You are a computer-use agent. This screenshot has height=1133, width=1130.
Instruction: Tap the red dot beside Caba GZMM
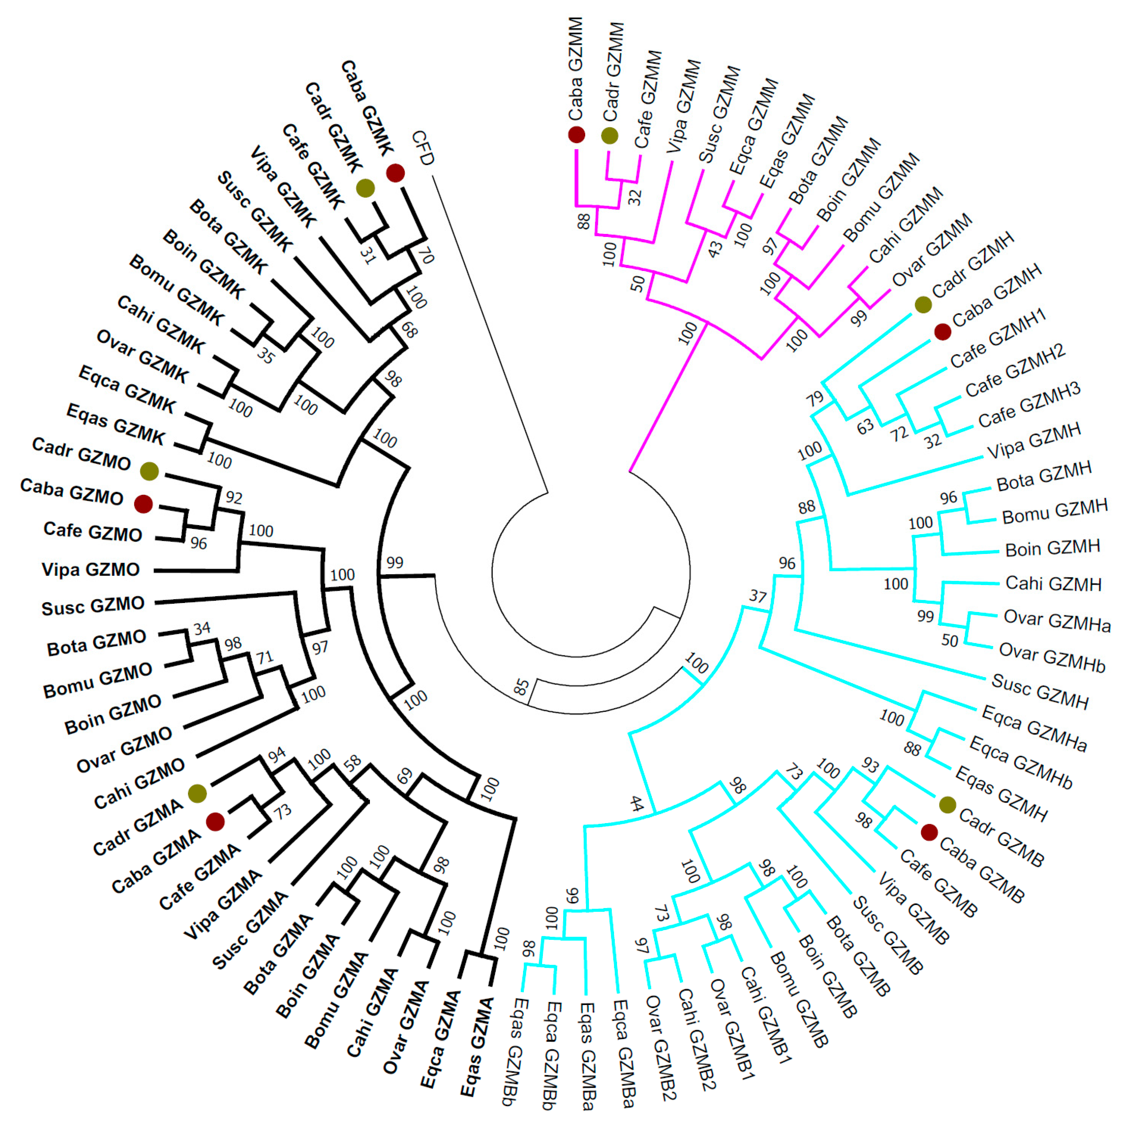click(577, 135)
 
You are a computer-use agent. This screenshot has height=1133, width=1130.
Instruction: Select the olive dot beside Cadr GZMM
click(610, 135)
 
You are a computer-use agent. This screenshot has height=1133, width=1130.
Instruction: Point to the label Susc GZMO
click(93, 606)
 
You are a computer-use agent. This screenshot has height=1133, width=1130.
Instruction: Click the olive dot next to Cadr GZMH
click(923, 304)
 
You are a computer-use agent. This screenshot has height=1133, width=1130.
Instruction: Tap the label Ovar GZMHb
click(1052, 657)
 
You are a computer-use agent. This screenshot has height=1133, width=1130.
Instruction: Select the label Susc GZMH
click(1040, 691)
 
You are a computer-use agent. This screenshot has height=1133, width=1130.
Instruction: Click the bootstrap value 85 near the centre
click(521, 687)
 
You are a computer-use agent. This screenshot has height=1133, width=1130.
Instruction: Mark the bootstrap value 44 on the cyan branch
click(637, 803)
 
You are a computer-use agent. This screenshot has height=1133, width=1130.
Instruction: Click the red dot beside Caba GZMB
click(929, 832)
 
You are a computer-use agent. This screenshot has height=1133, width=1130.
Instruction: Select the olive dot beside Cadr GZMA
click(198, 794)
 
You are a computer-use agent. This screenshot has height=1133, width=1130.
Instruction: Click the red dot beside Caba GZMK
click(395, 173)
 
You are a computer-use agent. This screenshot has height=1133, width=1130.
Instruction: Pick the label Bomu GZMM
click(882, 197)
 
